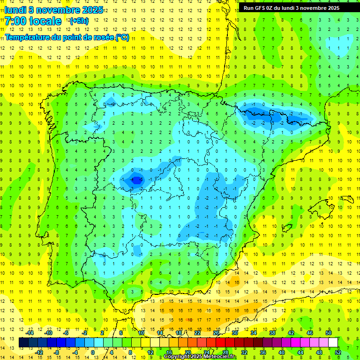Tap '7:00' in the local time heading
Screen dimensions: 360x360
pos(15,21)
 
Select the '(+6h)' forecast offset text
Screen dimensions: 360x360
pos(78,21)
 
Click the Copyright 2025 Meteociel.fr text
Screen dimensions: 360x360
pos(200,357)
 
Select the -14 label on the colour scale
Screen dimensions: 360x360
pos(31,333)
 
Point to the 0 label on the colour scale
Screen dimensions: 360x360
pos(93,352)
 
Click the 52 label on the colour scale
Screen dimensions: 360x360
pos(338,352)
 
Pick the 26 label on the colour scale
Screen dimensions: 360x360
pos(216,333)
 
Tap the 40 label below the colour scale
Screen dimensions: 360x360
pos(282,352)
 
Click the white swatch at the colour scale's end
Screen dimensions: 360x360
pos(333,343)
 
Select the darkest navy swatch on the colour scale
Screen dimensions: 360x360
pos(23,343)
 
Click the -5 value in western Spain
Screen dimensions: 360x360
pos(137,179)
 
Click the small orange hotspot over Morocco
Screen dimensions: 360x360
pos(190,320)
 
